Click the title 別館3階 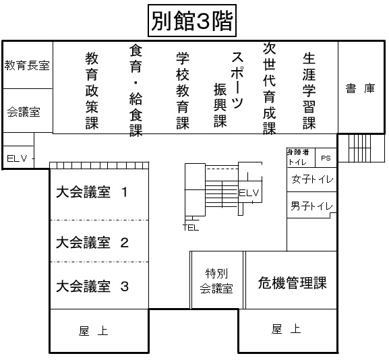coord(192,21)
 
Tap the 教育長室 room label coord(27,65)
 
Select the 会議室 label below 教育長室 coord(24,112)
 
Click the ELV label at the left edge coord(17,158)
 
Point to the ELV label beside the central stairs coord(249,193)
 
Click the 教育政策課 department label coord(92,90)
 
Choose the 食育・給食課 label coord(136,90)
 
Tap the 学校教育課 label coord(183,91)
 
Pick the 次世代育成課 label coord(270,88)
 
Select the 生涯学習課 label coord(309,91)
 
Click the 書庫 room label coord(360,88)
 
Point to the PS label coord(326,158)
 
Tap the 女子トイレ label coord(312,179)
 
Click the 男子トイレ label coord(311,206)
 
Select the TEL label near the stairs coord(191,227)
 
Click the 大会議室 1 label coord(92,192)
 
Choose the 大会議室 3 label coord(92,286)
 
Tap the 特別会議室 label coord(216,281)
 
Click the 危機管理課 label coord(292,283)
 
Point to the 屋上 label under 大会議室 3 coord(93,331)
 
